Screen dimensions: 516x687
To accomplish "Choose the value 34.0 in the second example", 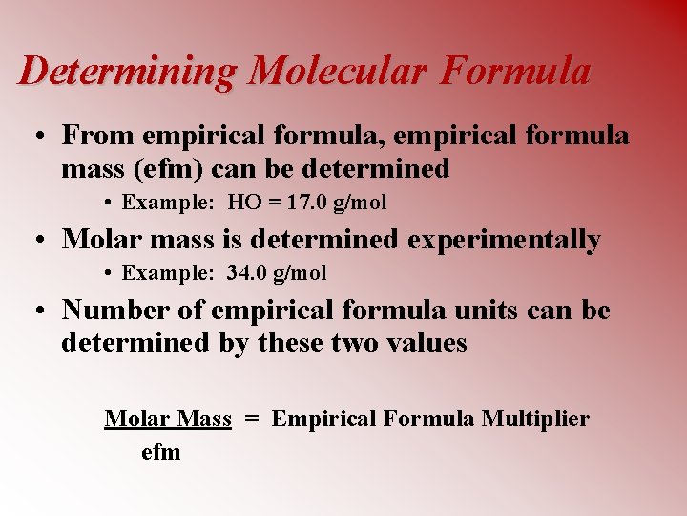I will (x=248, y=273).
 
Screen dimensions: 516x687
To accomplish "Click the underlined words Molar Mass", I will (x=168, y=419).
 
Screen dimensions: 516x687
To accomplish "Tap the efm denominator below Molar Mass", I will (x=160, y=451).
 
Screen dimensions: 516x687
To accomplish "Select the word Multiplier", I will (x=536, y=419).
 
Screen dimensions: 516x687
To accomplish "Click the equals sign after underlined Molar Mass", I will (x=252, y=419).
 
